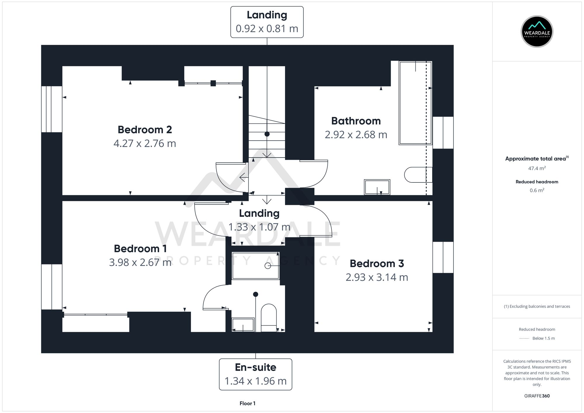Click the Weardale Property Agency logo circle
(x=537, y=32)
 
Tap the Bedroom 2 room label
(x=145, y=130)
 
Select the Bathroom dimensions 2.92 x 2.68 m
(x=356, y=135)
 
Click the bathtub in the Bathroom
(x=415, y=103)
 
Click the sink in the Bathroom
(x=377, y=187)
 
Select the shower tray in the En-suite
(x=255, y=266)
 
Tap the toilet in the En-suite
(x=268, y=318)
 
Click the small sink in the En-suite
(x=243, y=325)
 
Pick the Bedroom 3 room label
(x=377, y=264)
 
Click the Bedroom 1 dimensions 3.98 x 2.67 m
(x=140, y=262)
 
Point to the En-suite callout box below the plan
(x=255, y=374)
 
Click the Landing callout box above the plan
(x=267, y=22)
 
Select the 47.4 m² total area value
(x=537, y=168)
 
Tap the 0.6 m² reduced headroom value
(x=537, y=190)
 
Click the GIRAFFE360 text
(x=537, y=396)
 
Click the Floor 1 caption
(x=247, y=403)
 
